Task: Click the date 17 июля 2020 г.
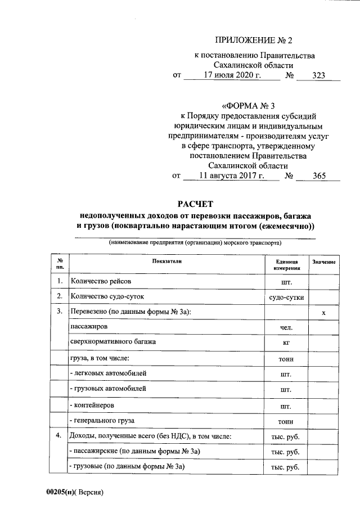coord(232,75)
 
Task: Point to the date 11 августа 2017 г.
coord(231,176)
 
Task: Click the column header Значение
coord(324,263)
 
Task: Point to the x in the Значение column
coord(324,312)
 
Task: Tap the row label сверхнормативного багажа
coord(112,341)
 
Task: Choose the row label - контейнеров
coord(93,404)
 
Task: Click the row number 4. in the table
coord(59,435)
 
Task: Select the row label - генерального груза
coord(102,420)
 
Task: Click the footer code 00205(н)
coord(61,492)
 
